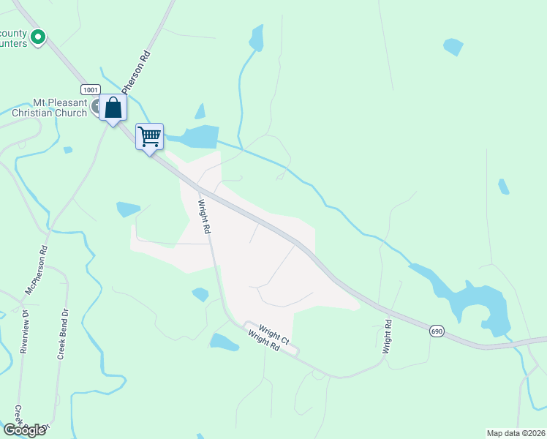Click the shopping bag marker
113,108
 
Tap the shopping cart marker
149,137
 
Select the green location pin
38,35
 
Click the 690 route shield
437,331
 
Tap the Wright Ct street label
274,334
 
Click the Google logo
24,430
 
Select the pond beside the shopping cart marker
199,137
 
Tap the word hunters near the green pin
14,44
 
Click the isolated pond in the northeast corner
453,47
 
